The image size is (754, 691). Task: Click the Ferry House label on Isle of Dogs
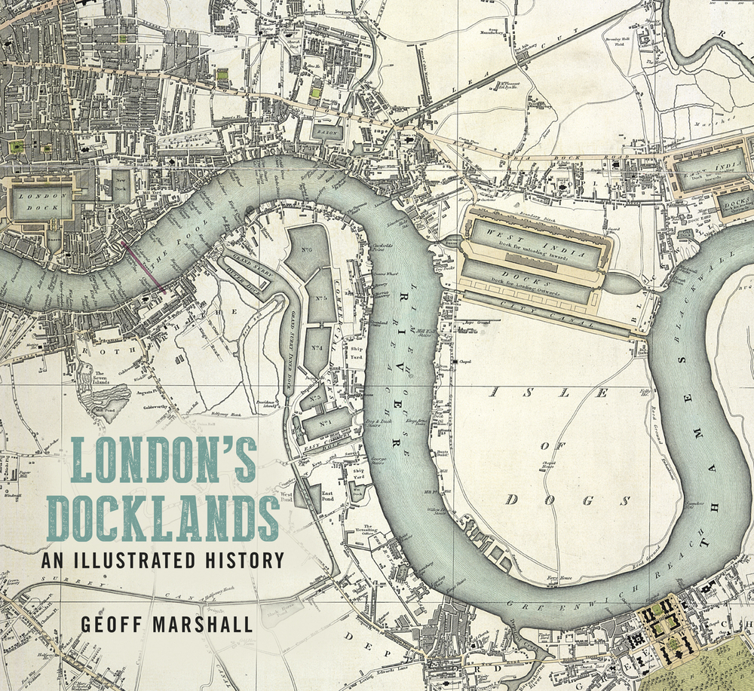556,577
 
